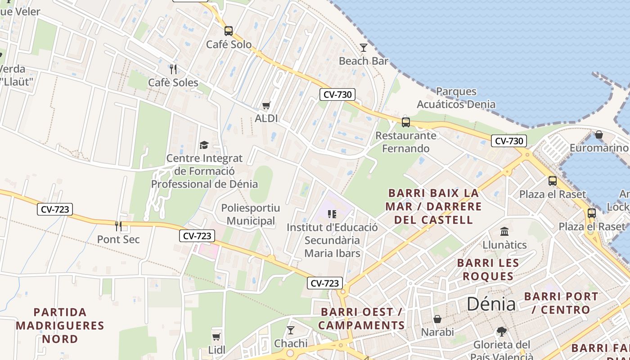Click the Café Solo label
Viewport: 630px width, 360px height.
click(229, 45)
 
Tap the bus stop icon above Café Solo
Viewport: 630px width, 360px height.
click(229, 31)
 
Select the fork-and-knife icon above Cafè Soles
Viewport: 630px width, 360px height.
click(173, 69)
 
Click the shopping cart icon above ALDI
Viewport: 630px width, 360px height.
click(266, 105)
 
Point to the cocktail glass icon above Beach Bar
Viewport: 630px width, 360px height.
click(364, 47)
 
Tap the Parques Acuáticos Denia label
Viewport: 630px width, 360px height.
click(456, 98)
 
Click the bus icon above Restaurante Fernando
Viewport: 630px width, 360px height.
click(406, 122)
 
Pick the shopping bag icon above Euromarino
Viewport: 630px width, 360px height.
click(598, 135)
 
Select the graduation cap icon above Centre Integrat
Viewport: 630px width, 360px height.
click(204, 145)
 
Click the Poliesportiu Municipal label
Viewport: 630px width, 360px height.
click(250, 214)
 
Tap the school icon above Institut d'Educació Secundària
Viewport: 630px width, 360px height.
click(332, 214)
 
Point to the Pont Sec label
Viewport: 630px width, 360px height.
click(118, 239)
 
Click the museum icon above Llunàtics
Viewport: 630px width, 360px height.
click(504, 231)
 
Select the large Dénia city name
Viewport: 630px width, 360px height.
click(491, 304)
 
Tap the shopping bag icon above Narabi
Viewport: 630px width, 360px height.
click(437, 319)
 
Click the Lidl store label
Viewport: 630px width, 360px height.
click(216, 350)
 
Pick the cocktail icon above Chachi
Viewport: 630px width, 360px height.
click(291, 330)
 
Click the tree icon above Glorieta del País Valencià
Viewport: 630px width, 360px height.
click(501, 332)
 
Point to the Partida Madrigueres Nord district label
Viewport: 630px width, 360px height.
click(60, 325)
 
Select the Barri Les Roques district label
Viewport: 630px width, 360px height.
click(488, 269)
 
